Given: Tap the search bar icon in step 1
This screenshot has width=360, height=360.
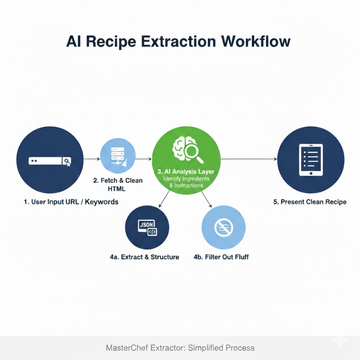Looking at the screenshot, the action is [x=50, y=161].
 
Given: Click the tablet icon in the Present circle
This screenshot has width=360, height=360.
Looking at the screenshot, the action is [x=311, y=160].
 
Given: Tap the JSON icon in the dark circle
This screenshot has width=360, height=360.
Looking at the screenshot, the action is [x=147, y=228].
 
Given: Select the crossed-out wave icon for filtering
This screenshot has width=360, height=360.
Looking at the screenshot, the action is [x=224, y=227].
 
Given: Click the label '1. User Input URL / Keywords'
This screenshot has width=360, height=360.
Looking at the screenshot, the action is [x=71, y=202].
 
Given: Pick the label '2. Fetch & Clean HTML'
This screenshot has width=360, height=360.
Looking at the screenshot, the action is [x=118, y=185].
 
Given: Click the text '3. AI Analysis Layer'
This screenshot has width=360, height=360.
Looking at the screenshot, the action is [x=186, y=172].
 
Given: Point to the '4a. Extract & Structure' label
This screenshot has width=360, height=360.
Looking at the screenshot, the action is [x=144, y=257].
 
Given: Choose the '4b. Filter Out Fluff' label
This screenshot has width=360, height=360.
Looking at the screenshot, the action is [x=221, y=257].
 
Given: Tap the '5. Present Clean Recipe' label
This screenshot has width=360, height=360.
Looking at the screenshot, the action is [x=310, y=202].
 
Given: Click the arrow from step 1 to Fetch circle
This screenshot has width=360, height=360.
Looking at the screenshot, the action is [x=92, y=159].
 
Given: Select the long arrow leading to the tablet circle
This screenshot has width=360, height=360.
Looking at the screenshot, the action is [x=249, y=159].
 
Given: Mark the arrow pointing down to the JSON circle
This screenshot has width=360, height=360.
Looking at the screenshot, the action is [x=164, y=199].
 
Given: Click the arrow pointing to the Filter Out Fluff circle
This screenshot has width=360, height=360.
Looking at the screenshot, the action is [x=206, y=199].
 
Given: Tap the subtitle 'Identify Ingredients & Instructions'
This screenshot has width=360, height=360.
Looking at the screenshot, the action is [x=186, y=182].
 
